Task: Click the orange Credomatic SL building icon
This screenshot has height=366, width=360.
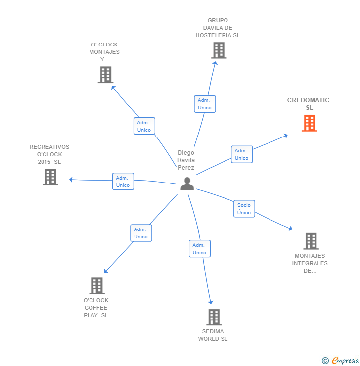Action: (x=310, y=123)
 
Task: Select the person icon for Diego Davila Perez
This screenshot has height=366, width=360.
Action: (x=187, y=183)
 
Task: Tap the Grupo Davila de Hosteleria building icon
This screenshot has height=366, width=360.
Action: (x=219, y=50)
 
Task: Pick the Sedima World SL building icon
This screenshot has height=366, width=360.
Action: (x=214, y=317)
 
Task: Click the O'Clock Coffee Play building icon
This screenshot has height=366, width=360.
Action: (x=97, y=286)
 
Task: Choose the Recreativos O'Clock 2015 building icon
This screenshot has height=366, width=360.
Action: (x=50, y=177)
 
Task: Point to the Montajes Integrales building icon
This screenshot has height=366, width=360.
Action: (x=311, y=241)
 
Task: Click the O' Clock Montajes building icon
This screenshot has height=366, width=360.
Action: (x=105, y=75)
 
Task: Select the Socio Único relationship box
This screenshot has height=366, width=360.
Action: (x=244, y=209)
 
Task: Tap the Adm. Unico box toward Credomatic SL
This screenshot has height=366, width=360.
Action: (x=241, y=154)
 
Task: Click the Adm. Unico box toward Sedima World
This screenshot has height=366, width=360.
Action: (x=199, y=249)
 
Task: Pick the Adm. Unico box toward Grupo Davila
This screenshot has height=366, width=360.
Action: (x=204, y=104)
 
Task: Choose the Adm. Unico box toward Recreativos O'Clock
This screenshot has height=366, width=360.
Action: (x=123, y=182)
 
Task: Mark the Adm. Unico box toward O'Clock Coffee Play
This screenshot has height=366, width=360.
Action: (x=141, y=233)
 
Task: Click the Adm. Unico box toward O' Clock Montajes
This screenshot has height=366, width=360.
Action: (x=144, y=126)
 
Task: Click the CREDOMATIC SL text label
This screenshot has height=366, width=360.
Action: (x=308, y=104)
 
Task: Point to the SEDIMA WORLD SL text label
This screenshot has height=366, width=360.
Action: (x=213, y=335)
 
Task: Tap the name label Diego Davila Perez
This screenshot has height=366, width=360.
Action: (x=186, y=160)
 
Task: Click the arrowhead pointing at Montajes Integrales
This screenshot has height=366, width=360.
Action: (x=291, y=229)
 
